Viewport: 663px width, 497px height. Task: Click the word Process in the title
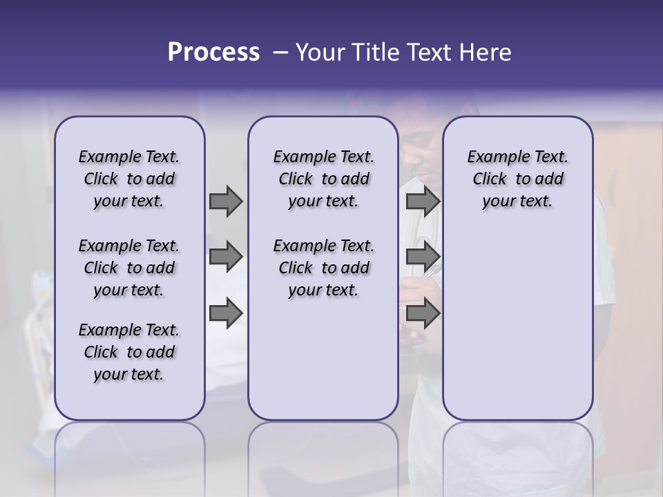click(x=213, y=52)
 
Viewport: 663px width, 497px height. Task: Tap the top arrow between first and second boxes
click(x=226, y=202)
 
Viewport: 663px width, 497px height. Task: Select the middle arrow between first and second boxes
click(x=226, y=257)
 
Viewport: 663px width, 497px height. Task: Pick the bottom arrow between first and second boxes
click(x=226, y=313)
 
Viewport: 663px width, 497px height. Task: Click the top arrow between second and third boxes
click(x=423, y=202)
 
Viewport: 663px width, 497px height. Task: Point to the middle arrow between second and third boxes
click(x=423, y=257)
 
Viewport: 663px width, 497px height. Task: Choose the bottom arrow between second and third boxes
click(x=423, y=313)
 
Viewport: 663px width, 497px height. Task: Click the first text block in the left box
click(x=129, y=179)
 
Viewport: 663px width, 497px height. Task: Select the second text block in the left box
click(x=129, y=268)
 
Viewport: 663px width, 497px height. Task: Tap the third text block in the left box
click(x=129, y=352)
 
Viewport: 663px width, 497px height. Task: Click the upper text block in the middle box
click(x=323, y=179)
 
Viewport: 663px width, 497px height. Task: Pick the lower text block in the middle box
click(x=323, y=268)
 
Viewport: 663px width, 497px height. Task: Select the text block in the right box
click(x=518, y=179)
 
